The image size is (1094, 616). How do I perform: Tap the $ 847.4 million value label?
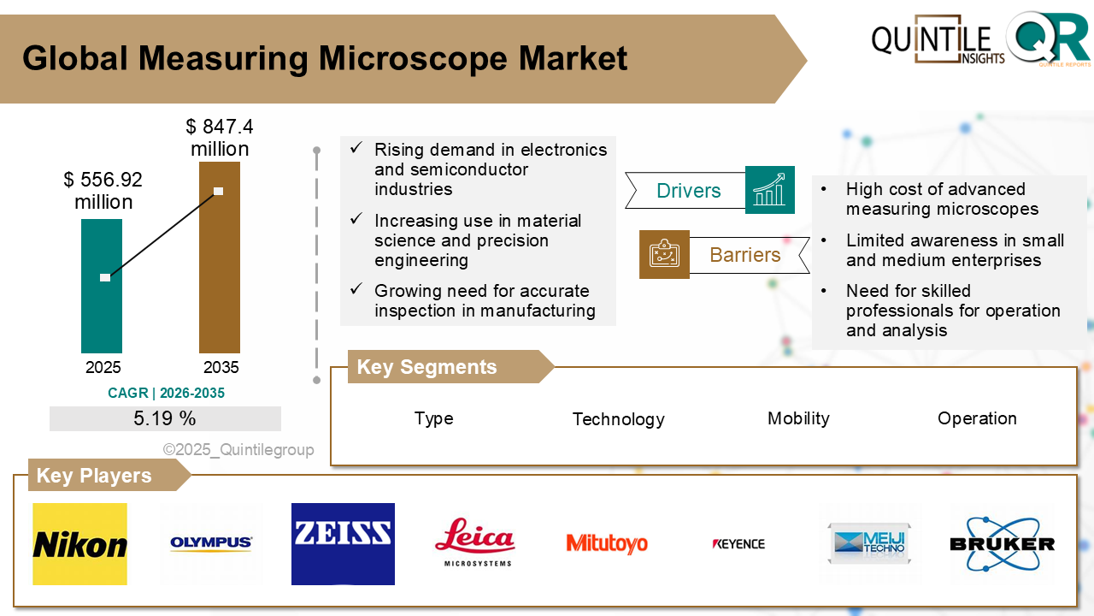click(220, 138)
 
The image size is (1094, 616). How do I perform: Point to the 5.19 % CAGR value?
click(165, 418)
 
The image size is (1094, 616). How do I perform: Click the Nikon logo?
click(79, 544)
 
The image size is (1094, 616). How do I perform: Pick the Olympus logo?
click(211, 542)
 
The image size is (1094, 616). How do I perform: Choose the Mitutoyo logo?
click(607, 543)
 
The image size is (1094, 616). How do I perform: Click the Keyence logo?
click(738, 543)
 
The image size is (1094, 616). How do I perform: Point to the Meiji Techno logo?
click(870, 544)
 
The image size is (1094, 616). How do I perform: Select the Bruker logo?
click(1002, 543)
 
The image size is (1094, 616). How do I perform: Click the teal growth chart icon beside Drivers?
click(769, 190)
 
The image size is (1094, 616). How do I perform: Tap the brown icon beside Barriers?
click(664, 254)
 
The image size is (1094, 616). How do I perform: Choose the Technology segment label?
click(618, 419)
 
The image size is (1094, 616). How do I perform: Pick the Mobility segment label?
click(798, 418)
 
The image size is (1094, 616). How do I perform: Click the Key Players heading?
click(94, 476)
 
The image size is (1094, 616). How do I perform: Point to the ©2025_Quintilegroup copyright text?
click(238, 449)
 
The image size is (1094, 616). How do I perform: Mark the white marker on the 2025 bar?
click(105, 277)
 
